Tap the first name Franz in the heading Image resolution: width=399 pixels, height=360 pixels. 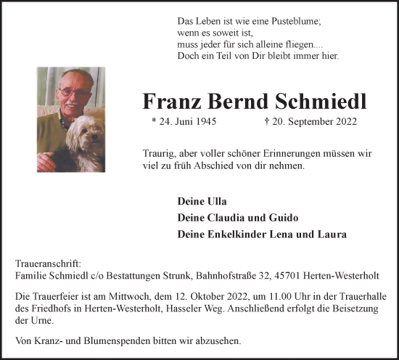[171, 101]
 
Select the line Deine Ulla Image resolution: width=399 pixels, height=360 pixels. [197, 200]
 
